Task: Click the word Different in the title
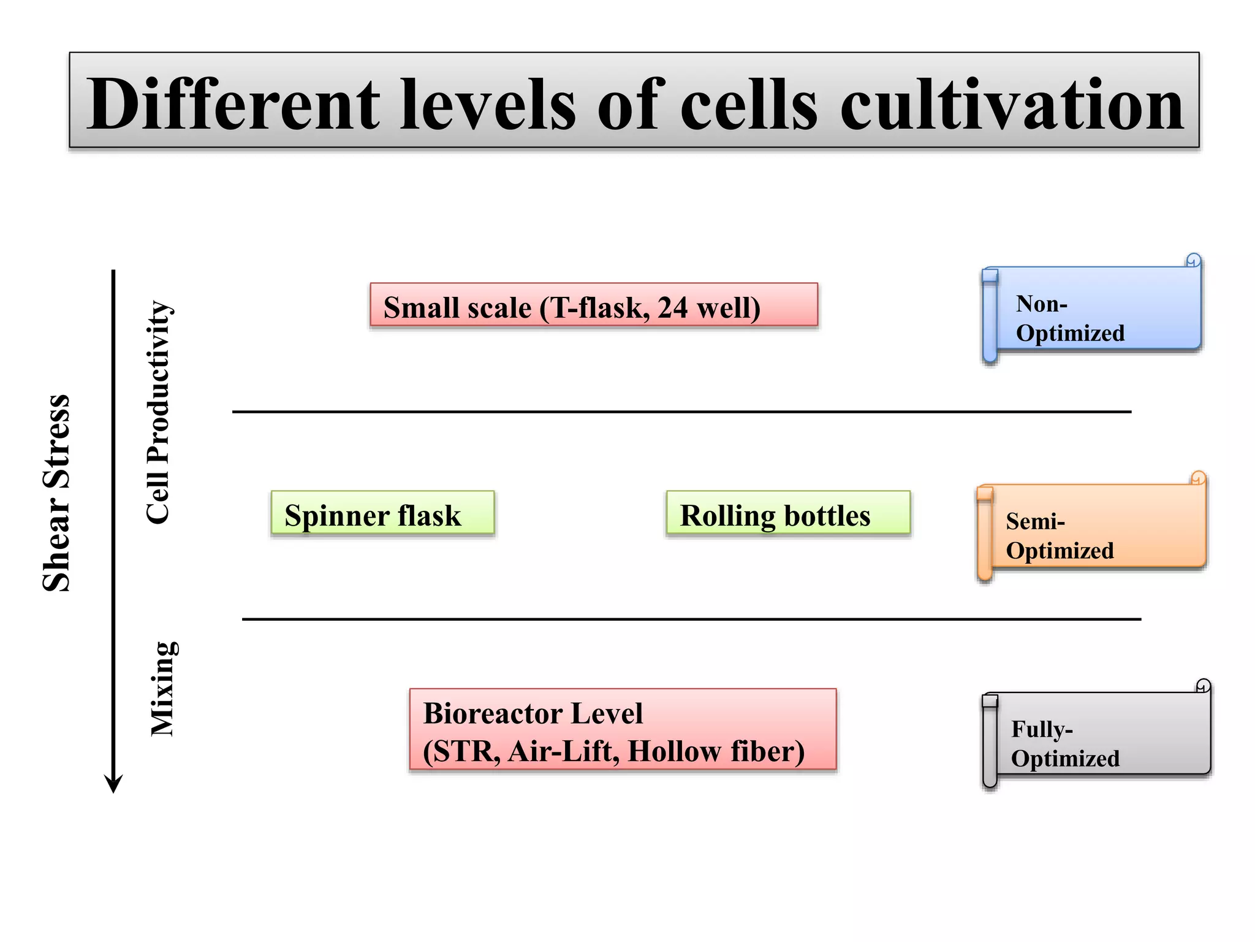point(233,104)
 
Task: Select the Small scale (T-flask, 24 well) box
point(593,305)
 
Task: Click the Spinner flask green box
point(382,513)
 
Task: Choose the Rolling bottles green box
point(788,513)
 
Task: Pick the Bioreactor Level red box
point(623,729)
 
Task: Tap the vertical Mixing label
point(164,688)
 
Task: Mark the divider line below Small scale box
point(681,412)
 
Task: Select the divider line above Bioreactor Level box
point(691,619)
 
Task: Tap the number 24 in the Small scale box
point(672,308)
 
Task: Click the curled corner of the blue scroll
point(1193,260)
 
